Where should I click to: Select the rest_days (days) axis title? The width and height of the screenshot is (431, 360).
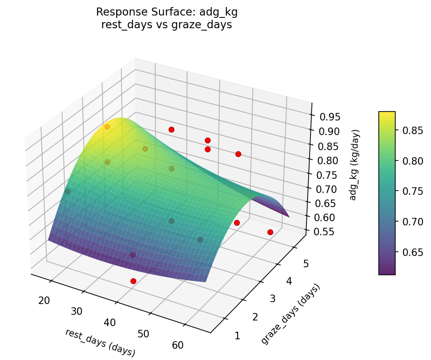pos(100,342)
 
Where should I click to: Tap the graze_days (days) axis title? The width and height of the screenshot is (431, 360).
pos(290,314)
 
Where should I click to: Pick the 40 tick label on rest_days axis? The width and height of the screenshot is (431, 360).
pos(110,322)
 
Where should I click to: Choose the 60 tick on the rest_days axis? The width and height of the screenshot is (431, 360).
pos(178,345)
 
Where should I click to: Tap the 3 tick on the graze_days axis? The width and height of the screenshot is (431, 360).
pos(270,299)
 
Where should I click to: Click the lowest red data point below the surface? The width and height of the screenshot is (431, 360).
pos(133,281)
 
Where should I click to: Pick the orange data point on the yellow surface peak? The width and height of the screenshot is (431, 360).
pos(107,127)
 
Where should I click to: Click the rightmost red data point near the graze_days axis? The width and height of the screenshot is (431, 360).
pos(270,232)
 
